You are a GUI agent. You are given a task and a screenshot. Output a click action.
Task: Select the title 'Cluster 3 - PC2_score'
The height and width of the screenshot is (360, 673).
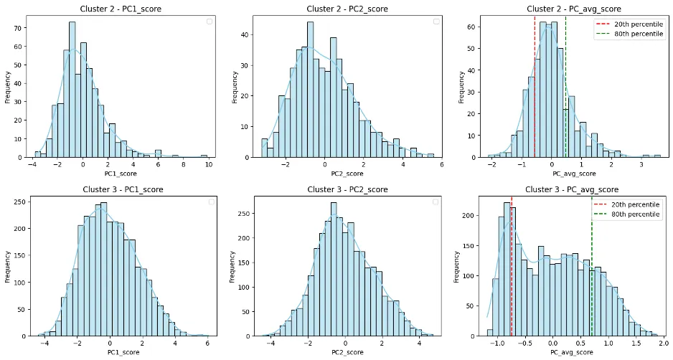(x=347, y=189)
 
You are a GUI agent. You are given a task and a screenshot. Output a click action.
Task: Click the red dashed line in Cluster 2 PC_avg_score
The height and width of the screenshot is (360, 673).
(x=535, y=86)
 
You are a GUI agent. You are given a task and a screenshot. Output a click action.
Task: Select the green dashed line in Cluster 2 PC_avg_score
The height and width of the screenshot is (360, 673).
(x=565, y=86)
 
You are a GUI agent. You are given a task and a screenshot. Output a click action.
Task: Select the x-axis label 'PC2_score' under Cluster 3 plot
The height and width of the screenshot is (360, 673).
(x=347, y=353)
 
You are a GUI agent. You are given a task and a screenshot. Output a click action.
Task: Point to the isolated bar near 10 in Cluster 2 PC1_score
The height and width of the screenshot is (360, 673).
(x=204, y=156)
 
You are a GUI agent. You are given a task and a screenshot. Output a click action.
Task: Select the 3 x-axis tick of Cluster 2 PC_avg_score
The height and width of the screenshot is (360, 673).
(x=642, y=164)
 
